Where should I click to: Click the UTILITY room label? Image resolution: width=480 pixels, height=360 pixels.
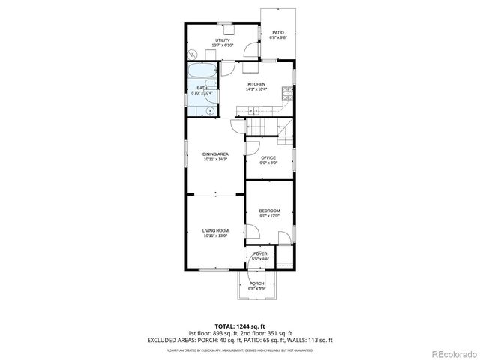coord(223,40)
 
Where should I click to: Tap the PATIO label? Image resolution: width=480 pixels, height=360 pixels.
coord(278,33)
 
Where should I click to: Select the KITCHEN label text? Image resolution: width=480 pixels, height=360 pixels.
coord(257,84)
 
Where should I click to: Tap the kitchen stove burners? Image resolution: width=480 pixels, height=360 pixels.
coord(286,93)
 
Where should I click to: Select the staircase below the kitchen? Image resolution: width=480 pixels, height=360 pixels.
coord(262,127)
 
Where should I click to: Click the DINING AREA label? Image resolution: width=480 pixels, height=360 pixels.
coord(215,154)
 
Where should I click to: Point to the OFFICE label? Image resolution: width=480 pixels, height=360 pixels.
coord(268,157)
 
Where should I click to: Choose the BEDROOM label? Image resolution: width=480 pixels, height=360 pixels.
coord(269,211)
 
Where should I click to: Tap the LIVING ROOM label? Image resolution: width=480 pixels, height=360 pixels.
coord(215,231)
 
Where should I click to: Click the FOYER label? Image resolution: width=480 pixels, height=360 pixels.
coord(260,254)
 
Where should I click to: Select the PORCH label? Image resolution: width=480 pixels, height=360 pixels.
coord(257,283)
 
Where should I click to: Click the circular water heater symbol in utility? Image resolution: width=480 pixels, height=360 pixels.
coord(193,54)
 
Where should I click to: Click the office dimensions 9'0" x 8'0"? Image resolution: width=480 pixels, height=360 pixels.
coord(268,163)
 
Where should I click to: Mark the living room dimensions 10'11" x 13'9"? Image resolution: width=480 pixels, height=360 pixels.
coord(215,236)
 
